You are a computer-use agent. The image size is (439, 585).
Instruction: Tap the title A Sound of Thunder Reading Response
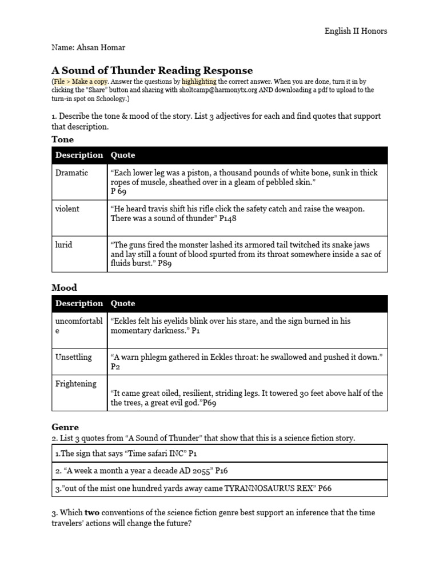pos(152,70)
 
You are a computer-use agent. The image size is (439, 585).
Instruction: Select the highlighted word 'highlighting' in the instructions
pos(199,82)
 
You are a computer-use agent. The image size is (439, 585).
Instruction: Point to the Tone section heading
pos(63,139)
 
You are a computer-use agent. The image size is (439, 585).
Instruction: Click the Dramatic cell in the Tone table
pos(71,173)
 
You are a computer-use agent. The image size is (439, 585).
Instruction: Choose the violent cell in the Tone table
pos(67,209)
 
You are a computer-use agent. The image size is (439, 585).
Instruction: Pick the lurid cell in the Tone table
pos(64,245)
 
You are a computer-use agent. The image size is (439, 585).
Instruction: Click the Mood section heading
pos(65,288)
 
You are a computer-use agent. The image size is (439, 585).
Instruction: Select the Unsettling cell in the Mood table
pos(73,357)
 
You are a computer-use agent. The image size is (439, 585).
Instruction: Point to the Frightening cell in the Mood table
pos(76,383)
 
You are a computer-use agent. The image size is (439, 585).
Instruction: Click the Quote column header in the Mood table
pos(123,303)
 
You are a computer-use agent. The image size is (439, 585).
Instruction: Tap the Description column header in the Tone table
pos(79,155)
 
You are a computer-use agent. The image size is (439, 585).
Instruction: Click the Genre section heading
pos(65,427)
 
